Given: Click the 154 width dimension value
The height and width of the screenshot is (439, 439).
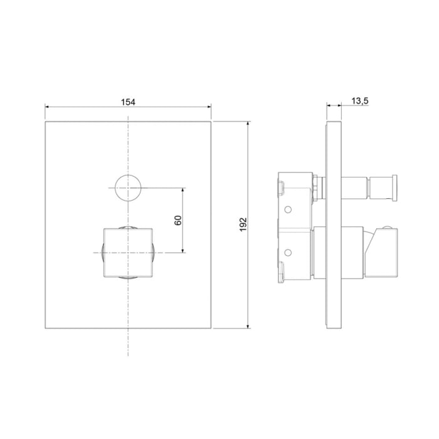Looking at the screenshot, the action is (x=128, y=102).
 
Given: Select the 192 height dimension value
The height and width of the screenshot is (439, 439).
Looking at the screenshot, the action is (x=243, y=225).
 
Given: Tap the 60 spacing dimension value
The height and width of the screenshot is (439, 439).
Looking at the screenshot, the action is (x=178, y=220).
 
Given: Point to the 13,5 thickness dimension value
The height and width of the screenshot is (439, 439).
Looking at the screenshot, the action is (x=360, y=101).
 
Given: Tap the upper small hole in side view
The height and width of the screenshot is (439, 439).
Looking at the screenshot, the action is (x=287, y=209).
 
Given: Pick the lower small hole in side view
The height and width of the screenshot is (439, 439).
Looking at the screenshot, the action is (x=287, y=253).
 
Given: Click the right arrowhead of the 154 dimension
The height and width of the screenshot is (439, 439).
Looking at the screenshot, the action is (x=209, y=107).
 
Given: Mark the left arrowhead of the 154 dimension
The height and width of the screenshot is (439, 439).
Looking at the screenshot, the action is (x=47, y=107).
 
